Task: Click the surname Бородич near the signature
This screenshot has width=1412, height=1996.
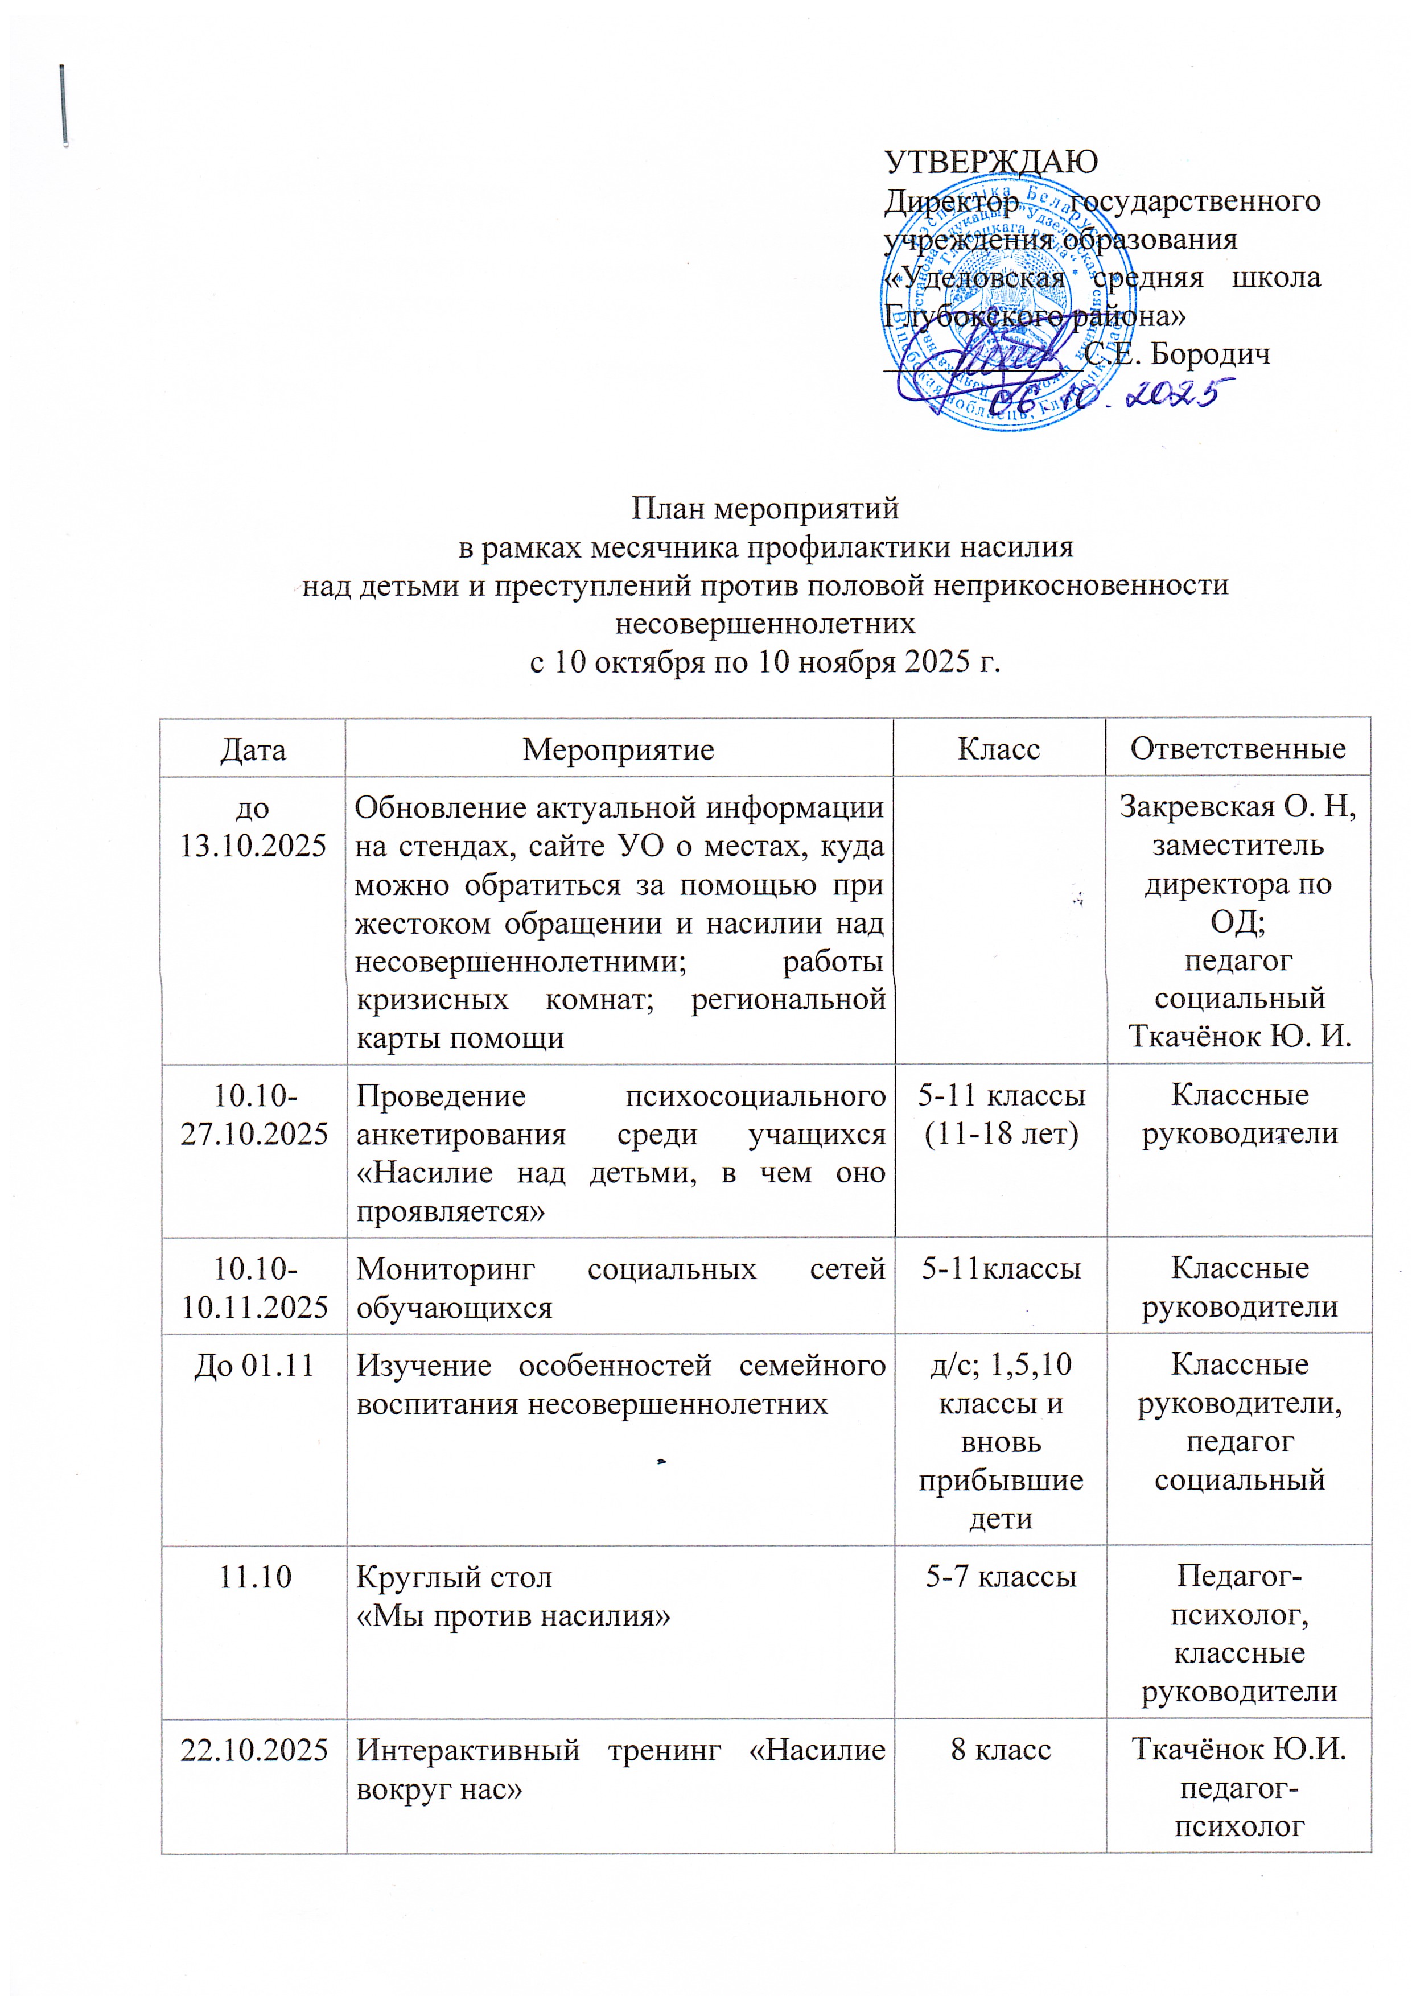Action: pyautogui.click(x=1211, y=354)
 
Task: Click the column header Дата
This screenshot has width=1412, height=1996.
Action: pyautogui.click(x=253, y=749)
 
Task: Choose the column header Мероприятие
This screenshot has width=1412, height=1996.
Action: pyautogui.click(x=618, y=749)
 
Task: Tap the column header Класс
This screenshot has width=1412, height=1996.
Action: pyautogui.click(x=999, y=749)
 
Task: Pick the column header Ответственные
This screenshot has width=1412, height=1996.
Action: pyautogui.click(x=1238, y=749)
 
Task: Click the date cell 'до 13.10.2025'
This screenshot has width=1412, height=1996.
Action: pyautogui.click(x=253, y=827)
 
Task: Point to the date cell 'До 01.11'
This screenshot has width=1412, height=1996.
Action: pyautogui.click(x=253, y=1366)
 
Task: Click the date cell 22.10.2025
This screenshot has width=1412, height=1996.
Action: pyautogui.click(x=254, y=1750)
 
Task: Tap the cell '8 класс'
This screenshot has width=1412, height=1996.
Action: pyautogui.click(x=1001, y=1750)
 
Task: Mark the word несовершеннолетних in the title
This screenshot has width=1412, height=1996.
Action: pyautogui.click(x=765, y=623)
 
